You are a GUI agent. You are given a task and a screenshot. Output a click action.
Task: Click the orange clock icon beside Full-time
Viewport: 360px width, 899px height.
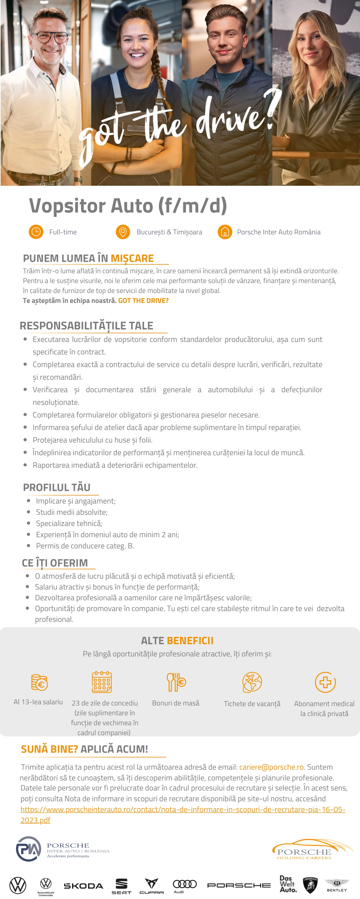(36, 232)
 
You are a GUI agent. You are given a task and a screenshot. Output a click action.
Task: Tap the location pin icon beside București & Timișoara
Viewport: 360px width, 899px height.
(123, 232)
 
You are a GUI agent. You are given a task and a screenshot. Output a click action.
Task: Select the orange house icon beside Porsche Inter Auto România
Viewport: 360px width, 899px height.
(225, 232)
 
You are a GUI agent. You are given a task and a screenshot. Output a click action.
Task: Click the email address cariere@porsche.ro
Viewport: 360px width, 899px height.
(271, 767)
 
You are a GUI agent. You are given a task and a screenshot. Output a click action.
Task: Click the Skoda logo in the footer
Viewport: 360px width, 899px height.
(83, 886)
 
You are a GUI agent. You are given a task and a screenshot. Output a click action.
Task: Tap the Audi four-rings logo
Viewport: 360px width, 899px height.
(185, 884)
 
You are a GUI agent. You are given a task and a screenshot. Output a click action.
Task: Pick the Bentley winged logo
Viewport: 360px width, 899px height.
(337, 885)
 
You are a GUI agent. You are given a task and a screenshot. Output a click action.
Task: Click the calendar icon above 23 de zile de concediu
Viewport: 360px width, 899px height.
(102, 682)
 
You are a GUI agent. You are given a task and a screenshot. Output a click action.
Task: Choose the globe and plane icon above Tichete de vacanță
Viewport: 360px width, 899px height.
(252, 682)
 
